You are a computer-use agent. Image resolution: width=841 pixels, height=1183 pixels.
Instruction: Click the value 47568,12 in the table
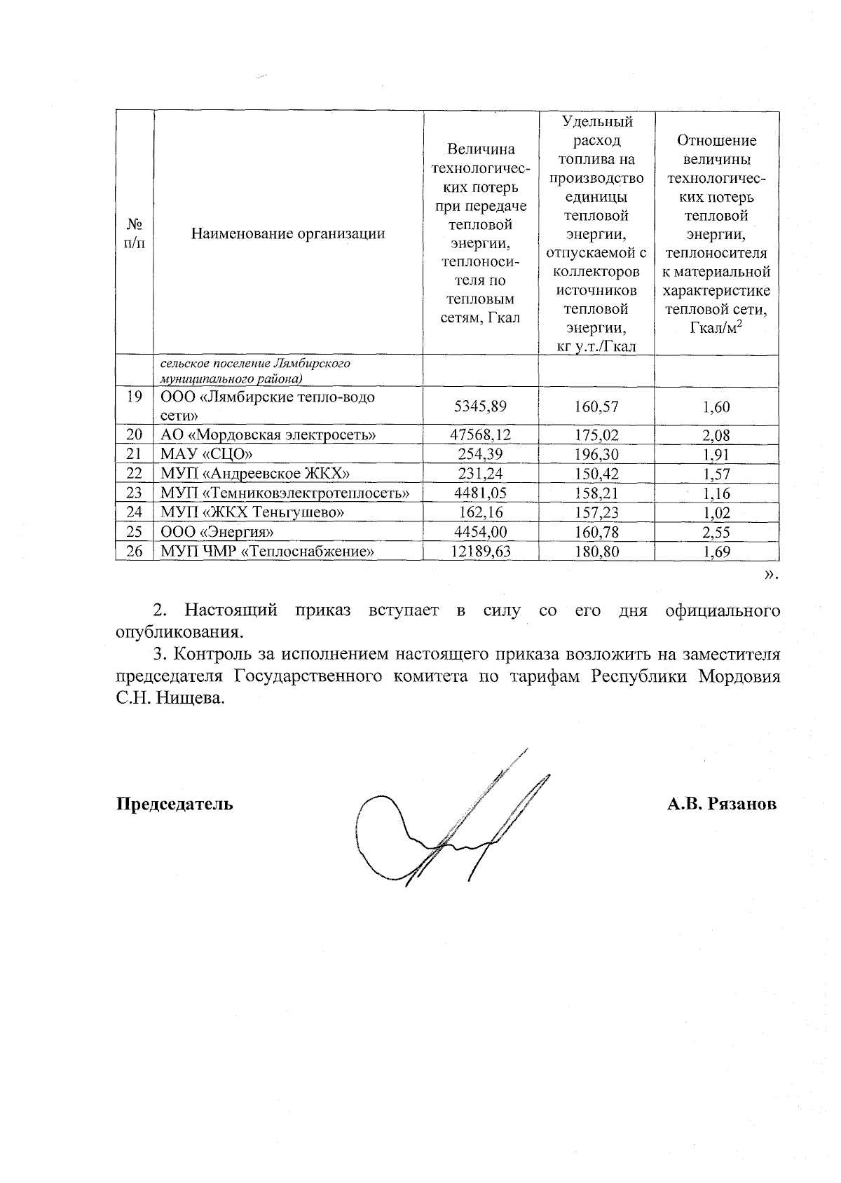point(480,435)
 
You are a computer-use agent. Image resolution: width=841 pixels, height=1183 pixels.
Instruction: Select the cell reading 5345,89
point(480,406)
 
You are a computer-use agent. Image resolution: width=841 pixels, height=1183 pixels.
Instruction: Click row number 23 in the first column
point(135,493)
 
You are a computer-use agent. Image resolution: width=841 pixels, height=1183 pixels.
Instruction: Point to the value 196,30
point(596,454)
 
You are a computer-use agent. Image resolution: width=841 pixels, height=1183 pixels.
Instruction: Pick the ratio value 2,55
point(716,533)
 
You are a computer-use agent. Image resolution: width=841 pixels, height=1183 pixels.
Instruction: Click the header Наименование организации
point(288,234)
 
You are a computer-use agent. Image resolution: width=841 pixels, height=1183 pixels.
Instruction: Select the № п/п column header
point(135,234)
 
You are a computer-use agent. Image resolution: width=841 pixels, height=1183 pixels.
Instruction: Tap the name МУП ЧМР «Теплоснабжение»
point(267,552)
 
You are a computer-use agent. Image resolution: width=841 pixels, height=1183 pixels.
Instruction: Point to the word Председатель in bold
point(175,804)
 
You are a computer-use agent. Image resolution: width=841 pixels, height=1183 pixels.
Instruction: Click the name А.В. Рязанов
point(721,804)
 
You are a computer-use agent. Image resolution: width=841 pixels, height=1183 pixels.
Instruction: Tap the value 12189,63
point(480,552)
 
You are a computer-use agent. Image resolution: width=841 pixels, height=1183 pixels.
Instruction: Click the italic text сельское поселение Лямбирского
point(255,364)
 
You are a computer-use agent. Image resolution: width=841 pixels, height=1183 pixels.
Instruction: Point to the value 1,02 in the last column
point(716,513)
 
